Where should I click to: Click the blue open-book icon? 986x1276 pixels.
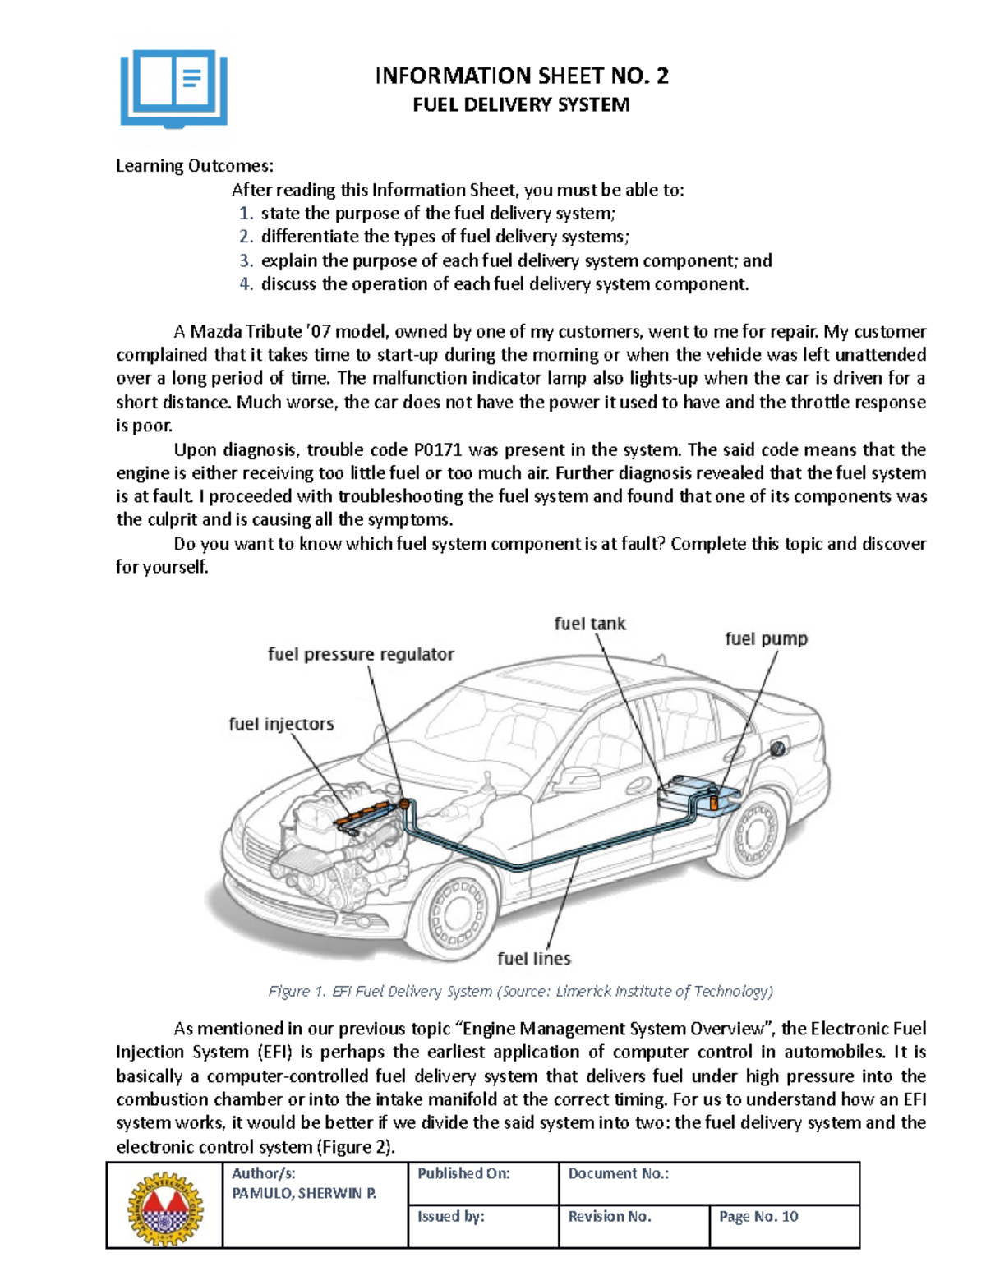(173, 89)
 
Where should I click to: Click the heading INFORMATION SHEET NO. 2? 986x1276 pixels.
(521, 76)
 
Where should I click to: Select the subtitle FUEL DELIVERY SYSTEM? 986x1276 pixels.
(521, 105)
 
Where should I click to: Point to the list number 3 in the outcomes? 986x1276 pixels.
(246, 261)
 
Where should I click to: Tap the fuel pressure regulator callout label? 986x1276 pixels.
(361, 655)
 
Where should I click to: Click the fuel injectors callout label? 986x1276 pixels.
(281, 724)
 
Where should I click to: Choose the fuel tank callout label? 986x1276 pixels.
(589, 624)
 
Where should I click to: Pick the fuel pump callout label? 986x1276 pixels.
(766, 639)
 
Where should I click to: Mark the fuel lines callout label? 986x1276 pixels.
(534, 959)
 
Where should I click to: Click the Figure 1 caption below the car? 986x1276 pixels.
(520, 992)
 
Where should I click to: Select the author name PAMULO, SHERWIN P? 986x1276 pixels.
(304, 1194)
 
